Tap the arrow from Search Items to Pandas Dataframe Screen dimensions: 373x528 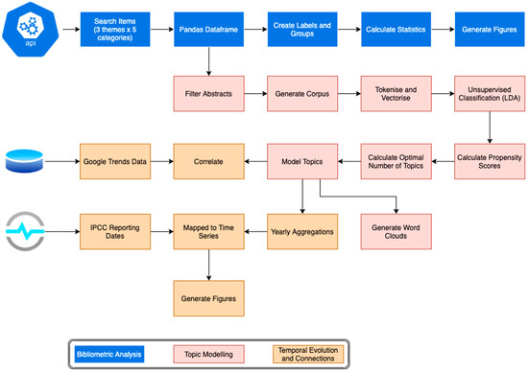pos(161,29)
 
